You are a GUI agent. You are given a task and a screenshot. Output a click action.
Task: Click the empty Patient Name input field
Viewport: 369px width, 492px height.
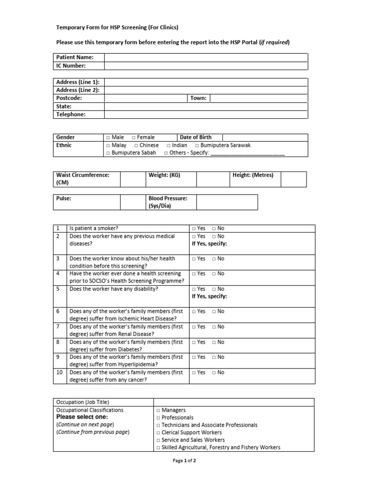click(206, 57)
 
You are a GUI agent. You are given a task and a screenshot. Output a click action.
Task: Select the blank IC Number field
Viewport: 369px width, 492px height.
click(206, 65)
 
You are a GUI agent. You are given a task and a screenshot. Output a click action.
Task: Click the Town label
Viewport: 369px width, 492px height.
click(198, 98)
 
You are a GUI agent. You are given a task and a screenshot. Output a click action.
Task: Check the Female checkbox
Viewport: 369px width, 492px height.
click(134, 137)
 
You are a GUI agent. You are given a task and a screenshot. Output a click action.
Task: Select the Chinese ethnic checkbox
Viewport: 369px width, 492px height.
click(136, 145)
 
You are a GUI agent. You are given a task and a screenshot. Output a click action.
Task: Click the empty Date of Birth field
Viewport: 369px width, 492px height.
click(265, 137)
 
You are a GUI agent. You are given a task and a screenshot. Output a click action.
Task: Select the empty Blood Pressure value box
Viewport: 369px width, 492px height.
click(227, 202)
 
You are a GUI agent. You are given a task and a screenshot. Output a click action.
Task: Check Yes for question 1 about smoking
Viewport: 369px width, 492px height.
click(194, 229)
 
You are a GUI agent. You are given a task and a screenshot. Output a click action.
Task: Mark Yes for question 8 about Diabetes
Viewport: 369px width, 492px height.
click(194, 343)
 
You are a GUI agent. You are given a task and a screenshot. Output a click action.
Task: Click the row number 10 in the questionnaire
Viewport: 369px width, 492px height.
click(59, 372)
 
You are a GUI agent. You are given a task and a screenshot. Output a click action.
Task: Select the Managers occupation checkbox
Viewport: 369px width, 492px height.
click(158, 411)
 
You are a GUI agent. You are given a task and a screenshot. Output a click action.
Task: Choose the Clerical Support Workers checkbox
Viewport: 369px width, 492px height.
click(158, 432)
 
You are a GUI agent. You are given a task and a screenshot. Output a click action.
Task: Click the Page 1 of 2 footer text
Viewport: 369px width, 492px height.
click(184, 461)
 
